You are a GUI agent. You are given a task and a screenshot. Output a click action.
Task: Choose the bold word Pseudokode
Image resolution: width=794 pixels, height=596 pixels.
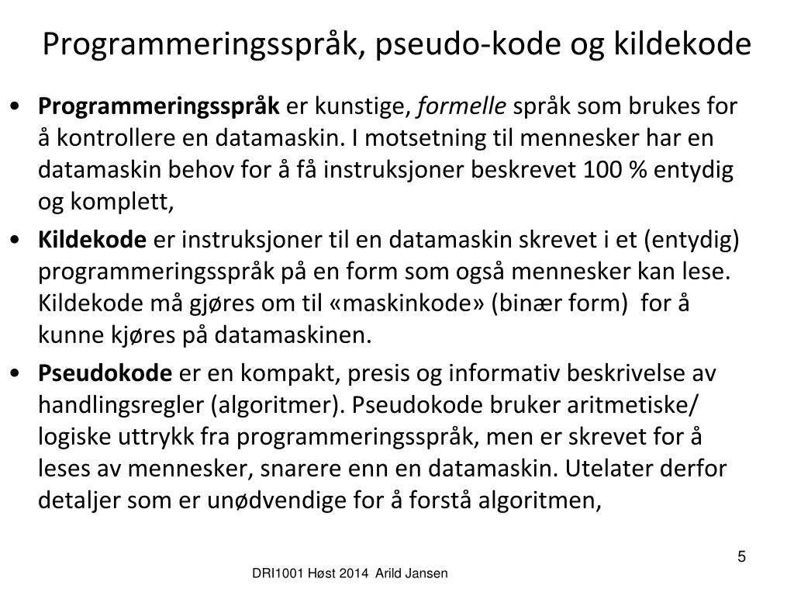click(105, 373)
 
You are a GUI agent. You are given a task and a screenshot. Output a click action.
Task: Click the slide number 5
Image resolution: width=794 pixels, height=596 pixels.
click(742, 556)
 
